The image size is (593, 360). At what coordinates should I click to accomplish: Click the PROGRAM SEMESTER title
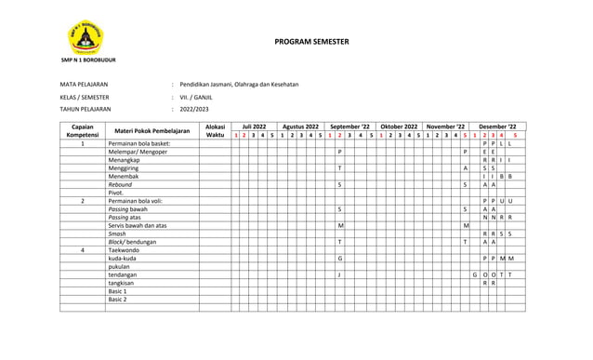pyautogui.click(x=310, y=43)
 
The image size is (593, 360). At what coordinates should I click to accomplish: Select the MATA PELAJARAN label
pyautogui.click(x=83, y=85)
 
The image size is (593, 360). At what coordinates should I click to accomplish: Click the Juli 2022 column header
pyautogui.click(x=254, y=126)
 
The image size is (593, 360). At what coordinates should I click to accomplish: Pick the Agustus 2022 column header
pyautogui.click(x=301, y=126)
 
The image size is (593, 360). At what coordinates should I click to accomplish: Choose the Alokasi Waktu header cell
pyautogui.click(x=215, y=130)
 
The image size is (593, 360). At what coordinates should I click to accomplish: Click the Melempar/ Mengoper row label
pyautogui.click(x=138, y=152)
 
